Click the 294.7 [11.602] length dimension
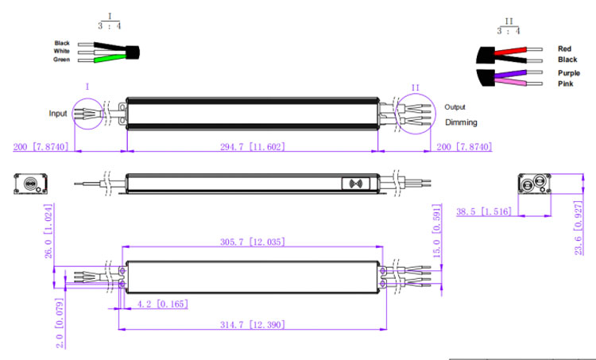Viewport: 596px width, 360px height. pyautogui.click(x=253, y=147)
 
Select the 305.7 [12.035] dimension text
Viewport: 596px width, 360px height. pyautogui.click(x=253, y=242)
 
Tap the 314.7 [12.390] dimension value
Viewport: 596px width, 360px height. pyautogui.click(x=253, y=325)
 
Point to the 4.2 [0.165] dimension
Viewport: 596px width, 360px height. pyautogui.click(x=162, y=304)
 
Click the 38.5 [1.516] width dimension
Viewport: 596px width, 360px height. pyautogui.click(x=484, y=211)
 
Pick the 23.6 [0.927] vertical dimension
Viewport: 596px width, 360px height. pyautogui.click(x=579, y=228)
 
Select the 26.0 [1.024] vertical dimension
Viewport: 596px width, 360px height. pyautogui.click(x=48, y=231)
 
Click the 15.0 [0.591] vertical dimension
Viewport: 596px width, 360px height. pyautogui.click(x=437, y=230)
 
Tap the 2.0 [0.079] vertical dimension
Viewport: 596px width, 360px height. pyautogui.click(x=60, y=323)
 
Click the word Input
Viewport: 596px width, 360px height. pyautogui.click(x=58, y=114)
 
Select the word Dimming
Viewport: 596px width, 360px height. pyautogui.click(x=461, y=122)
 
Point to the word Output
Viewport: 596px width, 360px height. pyautogui.click(x=455, y=106)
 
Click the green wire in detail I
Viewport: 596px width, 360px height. pyautogui.click(x=110, y=59)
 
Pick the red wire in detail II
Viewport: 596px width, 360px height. pyautogui.click(x=510, y=51)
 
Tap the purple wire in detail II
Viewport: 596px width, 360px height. pyautogui.click(x=510, y=73)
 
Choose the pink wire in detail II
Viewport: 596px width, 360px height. pyautogui.click(x=510, y=82)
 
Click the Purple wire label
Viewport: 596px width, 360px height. pyautogui.click(x=569, y=73)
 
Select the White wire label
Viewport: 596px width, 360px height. pyautogui.click(x=61, y=51)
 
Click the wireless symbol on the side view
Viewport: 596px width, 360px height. pyautogui.click(x=355, y=184)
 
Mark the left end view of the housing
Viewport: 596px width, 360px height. pyautogui.click(x=31, y=184)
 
